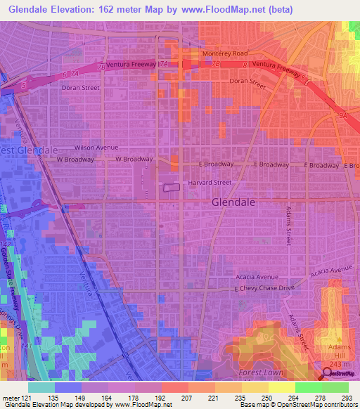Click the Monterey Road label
pos(225,53)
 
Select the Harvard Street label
pos(209,183)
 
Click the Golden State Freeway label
pos(8,278)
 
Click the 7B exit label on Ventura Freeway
pos(215,64)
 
